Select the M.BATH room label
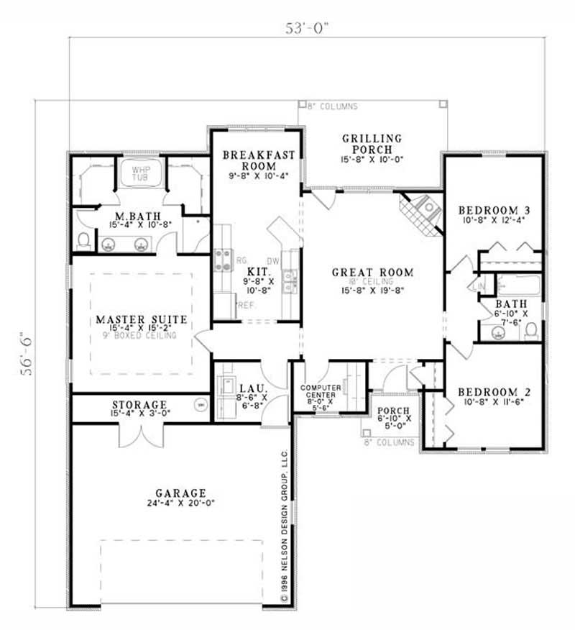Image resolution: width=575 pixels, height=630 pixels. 137,216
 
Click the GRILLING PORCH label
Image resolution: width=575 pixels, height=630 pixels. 371,144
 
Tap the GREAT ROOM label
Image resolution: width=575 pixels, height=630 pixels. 372,273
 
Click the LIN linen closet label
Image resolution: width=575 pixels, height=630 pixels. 478,287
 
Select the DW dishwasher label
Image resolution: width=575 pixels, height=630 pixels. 272,261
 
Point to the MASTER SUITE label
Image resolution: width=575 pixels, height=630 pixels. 141,319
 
